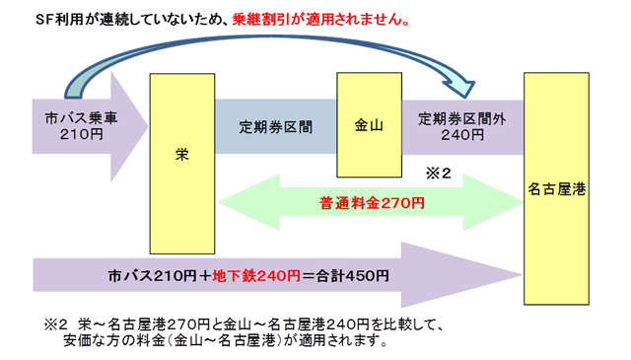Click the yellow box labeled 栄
[x=181, y=154]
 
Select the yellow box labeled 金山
[x=370, y=125]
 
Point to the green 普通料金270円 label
[x=372, y=203]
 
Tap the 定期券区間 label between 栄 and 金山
[x=276, y=126]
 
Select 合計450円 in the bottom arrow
[x=348, y=276]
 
